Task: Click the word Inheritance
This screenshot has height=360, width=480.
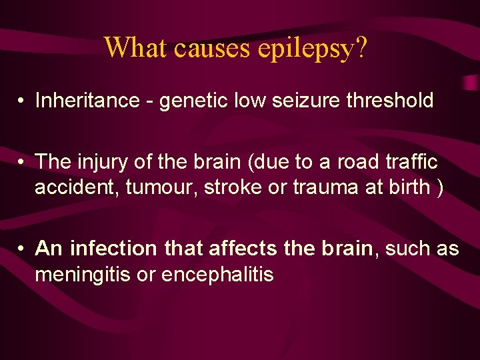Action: [x=81, y=101]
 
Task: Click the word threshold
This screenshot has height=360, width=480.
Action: [x=391, y=101]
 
